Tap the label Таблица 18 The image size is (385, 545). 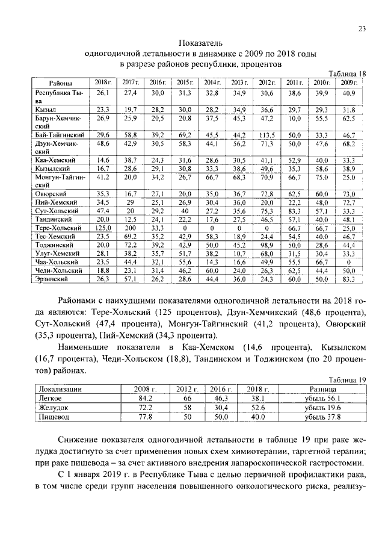(x=347, y=73)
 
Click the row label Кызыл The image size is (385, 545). (x=46, y=110)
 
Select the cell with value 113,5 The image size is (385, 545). (x=266, y=135)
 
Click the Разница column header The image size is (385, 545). (x=323, y=390)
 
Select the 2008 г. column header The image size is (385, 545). (x=145, y=390)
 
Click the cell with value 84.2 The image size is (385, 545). (x=145, y=398)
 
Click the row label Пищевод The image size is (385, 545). (x=54, y=416)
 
